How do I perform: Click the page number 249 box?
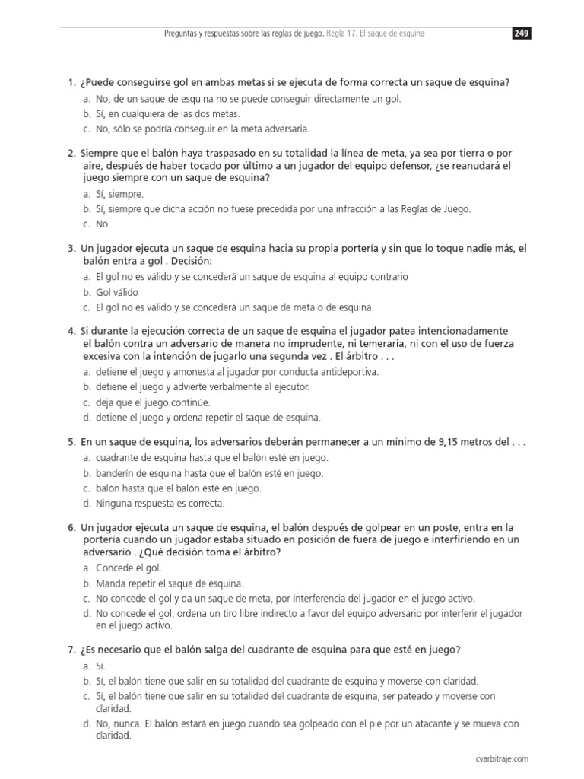coord(521,33)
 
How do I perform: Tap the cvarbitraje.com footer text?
coord(500,758)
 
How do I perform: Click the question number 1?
coord(71,82)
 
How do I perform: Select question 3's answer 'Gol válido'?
coord(117,292)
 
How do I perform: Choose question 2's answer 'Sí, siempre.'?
coord(119,194)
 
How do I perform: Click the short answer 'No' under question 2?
coord(102,224)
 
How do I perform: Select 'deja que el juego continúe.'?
coord(153,402)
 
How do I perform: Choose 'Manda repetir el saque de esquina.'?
coord(170,583)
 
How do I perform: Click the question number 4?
coord(71,330)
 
